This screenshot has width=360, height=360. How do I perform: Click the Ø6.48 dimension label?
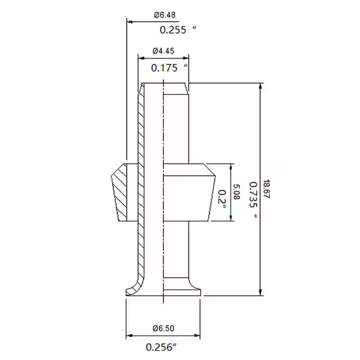(165, 15)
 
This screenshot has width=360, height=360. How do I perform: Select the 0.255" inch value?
(178, 30)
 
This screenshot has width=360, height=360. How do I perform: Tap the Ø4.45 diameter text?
(164, 51)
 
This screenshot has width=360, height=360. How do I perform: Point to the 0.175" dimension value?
(169, 67)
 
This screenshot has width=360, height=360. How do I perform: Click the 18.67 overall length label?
(266, 189)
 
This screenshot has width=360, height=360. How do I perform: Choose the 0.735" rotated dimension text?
(254, 200)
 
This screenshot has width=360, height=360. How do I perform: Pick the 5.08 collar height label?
(236, 192)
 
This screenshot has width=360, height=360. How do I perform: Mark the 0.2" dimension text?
(222, 199)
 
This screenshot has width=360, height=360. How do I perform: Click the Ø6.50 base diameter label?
(164, 328)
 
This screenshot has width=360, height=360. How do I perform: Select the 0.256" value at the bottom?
(161, 347)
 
